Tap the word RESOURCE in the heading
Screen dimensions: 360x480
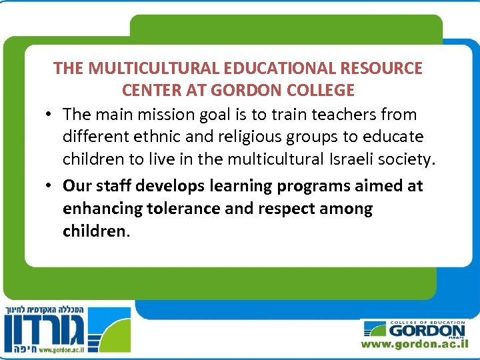pyautogui.click(x=386, y=68)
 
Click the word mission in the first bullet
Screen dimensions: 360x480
pyautogui.click(x=164, y=114)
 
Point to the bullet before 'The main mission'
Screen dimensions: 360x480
pyautogui.click(x=51, y=114)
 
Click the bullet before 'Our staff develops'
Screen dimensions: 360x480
pyautogui.click(x=51, y=185)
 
